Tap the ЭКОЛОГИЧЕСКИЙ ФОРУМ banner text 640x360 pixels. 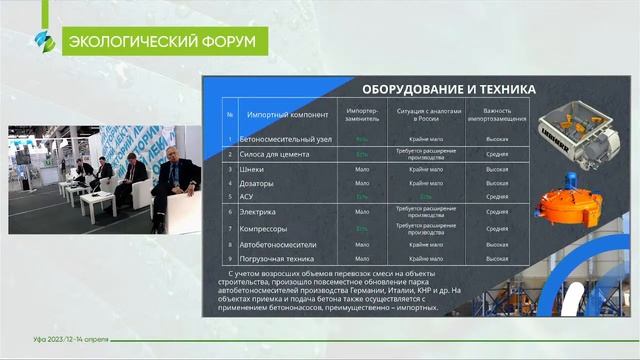point(159,41)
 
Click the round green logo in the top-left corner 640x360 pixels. point(42,41)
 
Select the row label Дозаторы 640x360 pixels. point(259,183)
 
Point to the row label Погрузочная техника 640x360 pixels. point(279,258)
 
